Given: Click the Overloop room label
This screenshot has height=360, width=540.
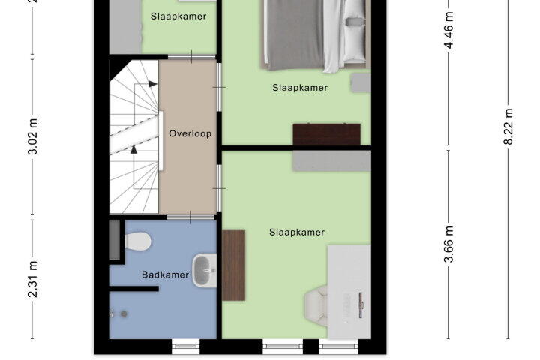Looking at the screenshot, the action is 190,133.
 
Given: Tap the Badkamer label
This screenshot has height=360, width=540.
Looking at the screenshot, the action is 165,274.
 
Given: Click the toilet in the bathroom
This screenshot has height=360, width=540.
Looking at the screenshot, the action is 138,241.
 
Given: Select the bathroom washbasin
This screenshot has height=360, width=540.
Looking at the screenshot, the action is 205,271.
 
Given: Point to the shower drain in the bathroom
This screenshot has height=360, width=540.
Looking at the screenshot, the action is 124,313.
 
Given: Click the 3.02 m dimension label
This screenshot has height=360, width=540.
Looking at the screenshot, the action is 33,136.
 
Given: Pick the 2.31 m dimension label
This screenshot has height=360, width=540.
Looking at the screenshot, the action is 33,279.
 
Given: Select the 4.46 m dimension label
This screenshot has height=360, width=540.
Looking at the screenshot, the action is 449,30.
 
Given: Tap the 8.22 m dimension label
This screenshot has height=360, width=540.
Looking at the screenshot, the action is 509,127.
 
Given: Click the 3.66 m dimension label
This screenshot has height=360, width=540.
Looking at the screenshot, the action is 449,244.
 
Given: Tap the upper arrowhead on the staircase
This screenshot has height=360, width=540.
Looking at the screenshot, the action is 152,84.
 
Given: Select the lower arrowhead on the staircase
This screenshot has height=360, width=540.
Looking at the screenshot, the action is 133,149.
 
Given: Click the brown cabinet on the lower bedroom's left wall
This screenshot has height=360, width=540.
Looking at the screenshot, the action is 233,265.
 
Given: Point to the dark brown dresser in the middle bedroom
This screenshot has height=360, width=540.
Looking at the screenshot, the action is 326,134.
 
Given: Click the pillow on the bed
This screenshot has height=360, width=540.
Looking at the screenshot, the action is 356,22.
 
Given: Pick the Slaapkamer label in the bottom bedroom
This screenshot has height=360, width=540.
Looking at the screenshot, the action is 297,232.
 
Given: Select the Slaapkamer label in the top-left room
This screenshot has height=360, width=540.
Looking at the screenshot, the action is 178,16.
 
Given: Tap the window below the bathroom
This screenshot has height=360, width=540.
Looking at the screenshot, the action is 186,346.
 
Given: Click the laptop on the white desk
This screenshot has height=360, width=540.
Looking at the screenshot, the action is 361,304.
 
